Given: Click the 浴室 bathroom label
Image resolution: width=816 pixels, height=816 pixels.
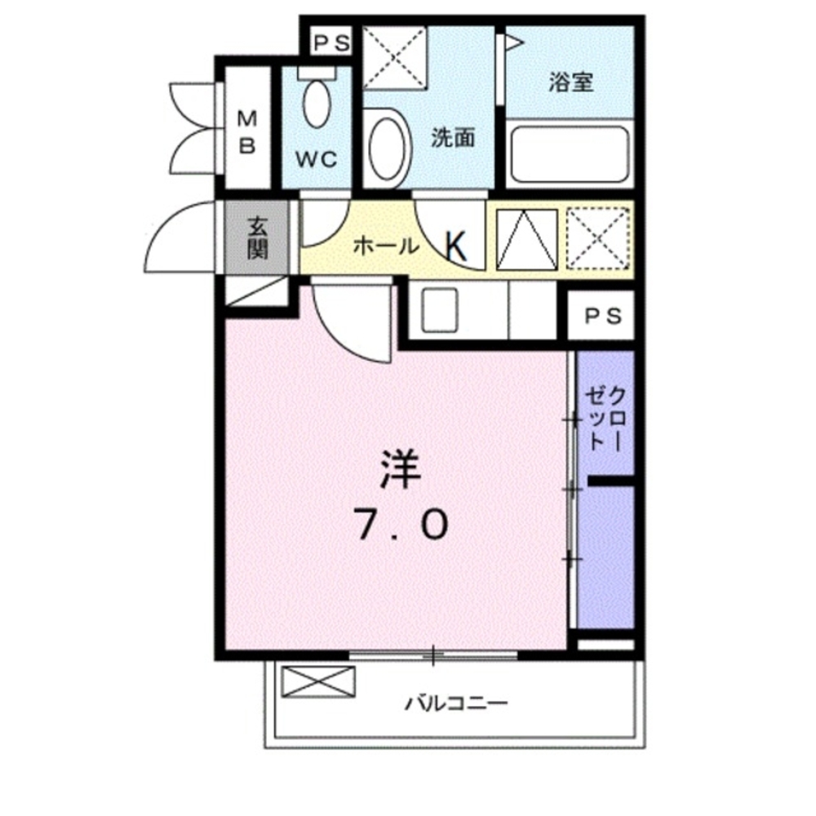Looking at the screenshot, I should pyautogui.click(x=570, y=82).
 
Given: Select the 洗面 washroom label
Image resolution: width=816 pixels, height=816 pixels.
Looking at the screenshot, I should pyautogui.click(x=453, y=138).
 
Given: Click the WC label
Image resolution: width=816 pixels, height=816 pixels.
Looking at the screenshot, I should pyautogui.click(x=317, y=159).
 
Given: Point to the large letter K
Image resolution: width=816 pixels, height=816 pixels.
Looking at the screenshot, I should pyautogui.click(x=456, y=246).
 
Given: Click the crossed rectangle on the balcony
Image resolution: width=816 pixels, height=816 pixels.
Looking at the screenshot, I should pyautogui.click(x=318, y=681).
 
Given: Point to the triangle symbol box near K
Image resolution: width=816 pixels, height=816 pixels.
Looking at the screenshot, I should pyautogui.click(x=527, y=238).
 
